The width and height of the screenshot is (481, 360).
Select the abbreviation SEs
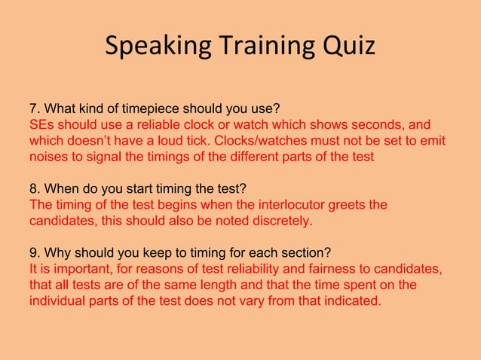(x=43, y=124)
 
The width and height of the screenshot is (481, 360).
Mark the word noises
(x=48, y=157)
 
